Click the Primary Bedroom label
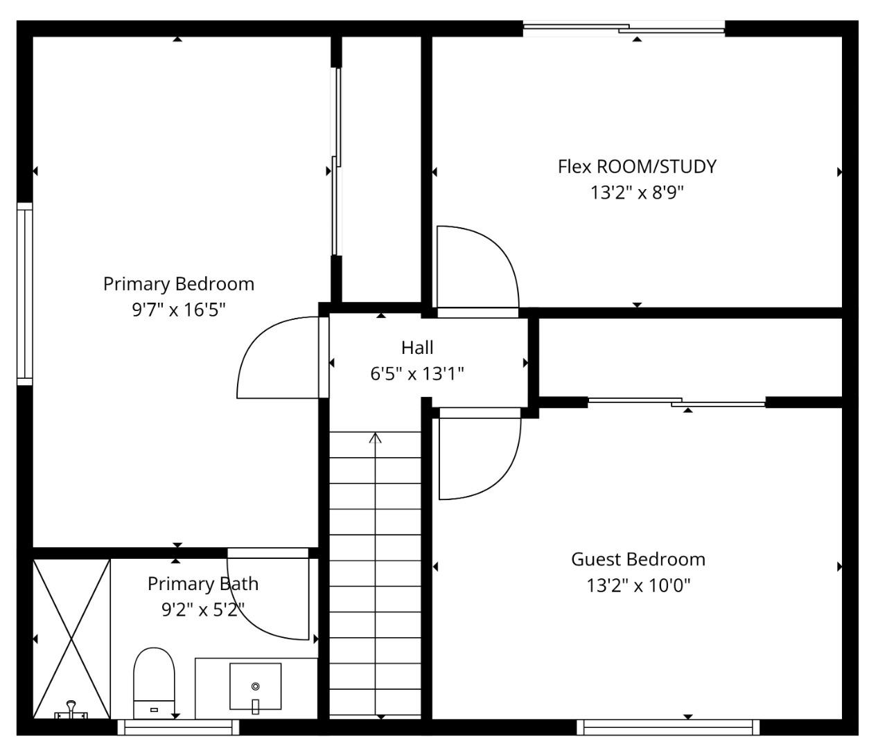[179, 284]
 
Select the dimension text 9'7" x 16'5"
[179, 310]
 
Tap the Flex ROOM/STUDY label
[637, 167]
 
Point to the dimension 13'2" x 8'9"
[637, 193]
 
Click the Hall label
[417, 348]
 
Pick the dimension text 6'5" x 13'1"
[417, 374]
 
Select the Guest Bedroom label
[638, 560]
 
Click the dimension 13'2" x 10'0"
[638, 586]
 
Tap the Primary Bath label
[202, 584]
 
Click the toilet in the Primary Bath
[154, 682]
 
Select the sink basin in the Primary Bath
[255, 686]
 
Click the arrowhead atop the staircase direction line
[376, 437]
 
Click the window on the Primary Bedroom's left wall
[25, 294]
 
